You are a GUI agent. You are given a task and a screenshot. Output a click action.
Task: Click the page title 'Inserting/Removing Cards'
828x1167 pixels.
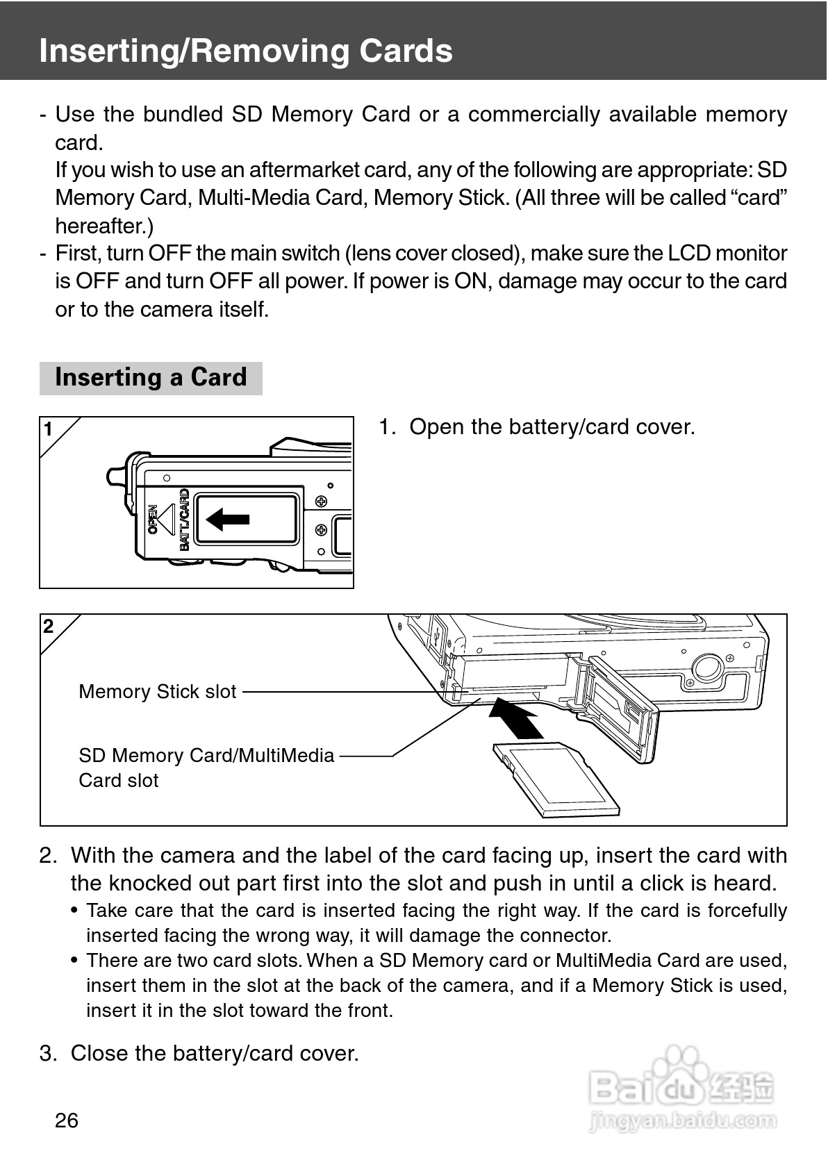(x=246, y=51)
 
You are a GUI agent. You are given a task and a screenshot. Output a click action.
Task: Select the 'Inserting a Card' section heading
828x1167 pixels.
(x=151, y=378)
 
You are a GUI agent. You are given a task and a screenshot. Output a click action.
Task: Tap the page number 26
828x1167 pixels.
(x=67, y=1120)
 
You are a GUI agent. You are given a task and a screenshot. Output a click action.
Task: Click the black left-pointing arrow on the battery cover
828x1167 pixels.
(x=228, y=519)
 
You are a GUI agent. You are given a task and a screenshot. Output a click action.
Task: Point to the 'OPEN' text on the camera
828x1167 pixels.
(x=153, y=520)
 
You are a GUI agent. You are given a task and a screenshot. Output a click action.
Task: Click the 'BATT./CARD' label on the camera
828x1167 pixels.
(x=184, y=520)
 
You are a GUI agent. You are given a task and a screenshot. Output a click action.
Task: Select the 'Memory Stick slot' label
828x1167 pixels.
(x=158, y=692)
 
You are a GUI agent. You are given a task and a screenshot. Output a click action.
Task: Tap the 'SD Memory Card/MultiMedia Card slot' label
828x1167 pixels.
(x=206, y=767)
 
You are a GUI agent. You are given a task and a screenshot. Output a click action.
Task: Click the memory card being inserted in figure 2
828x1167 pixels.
(x=556, y=778)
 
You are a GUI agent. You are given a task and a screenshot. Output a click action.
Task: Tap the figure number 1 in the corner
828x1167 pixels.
(x=48, y=430)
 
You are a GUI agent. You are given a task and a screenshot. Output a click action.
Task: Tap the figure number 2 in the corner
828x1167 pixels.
(x=48, y=627)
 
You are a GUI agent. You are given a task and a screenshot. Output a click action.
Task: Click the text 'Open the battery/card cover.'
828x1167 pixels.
(x=552, y=427)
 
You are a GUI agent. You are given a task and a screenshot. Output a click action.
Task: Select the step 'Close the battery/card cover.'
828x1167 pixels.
(x=215, y=1054)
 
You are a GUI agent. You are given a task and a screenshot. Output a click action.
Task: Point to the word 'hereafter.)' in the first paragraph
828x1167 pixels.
(x=104, y=226)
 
